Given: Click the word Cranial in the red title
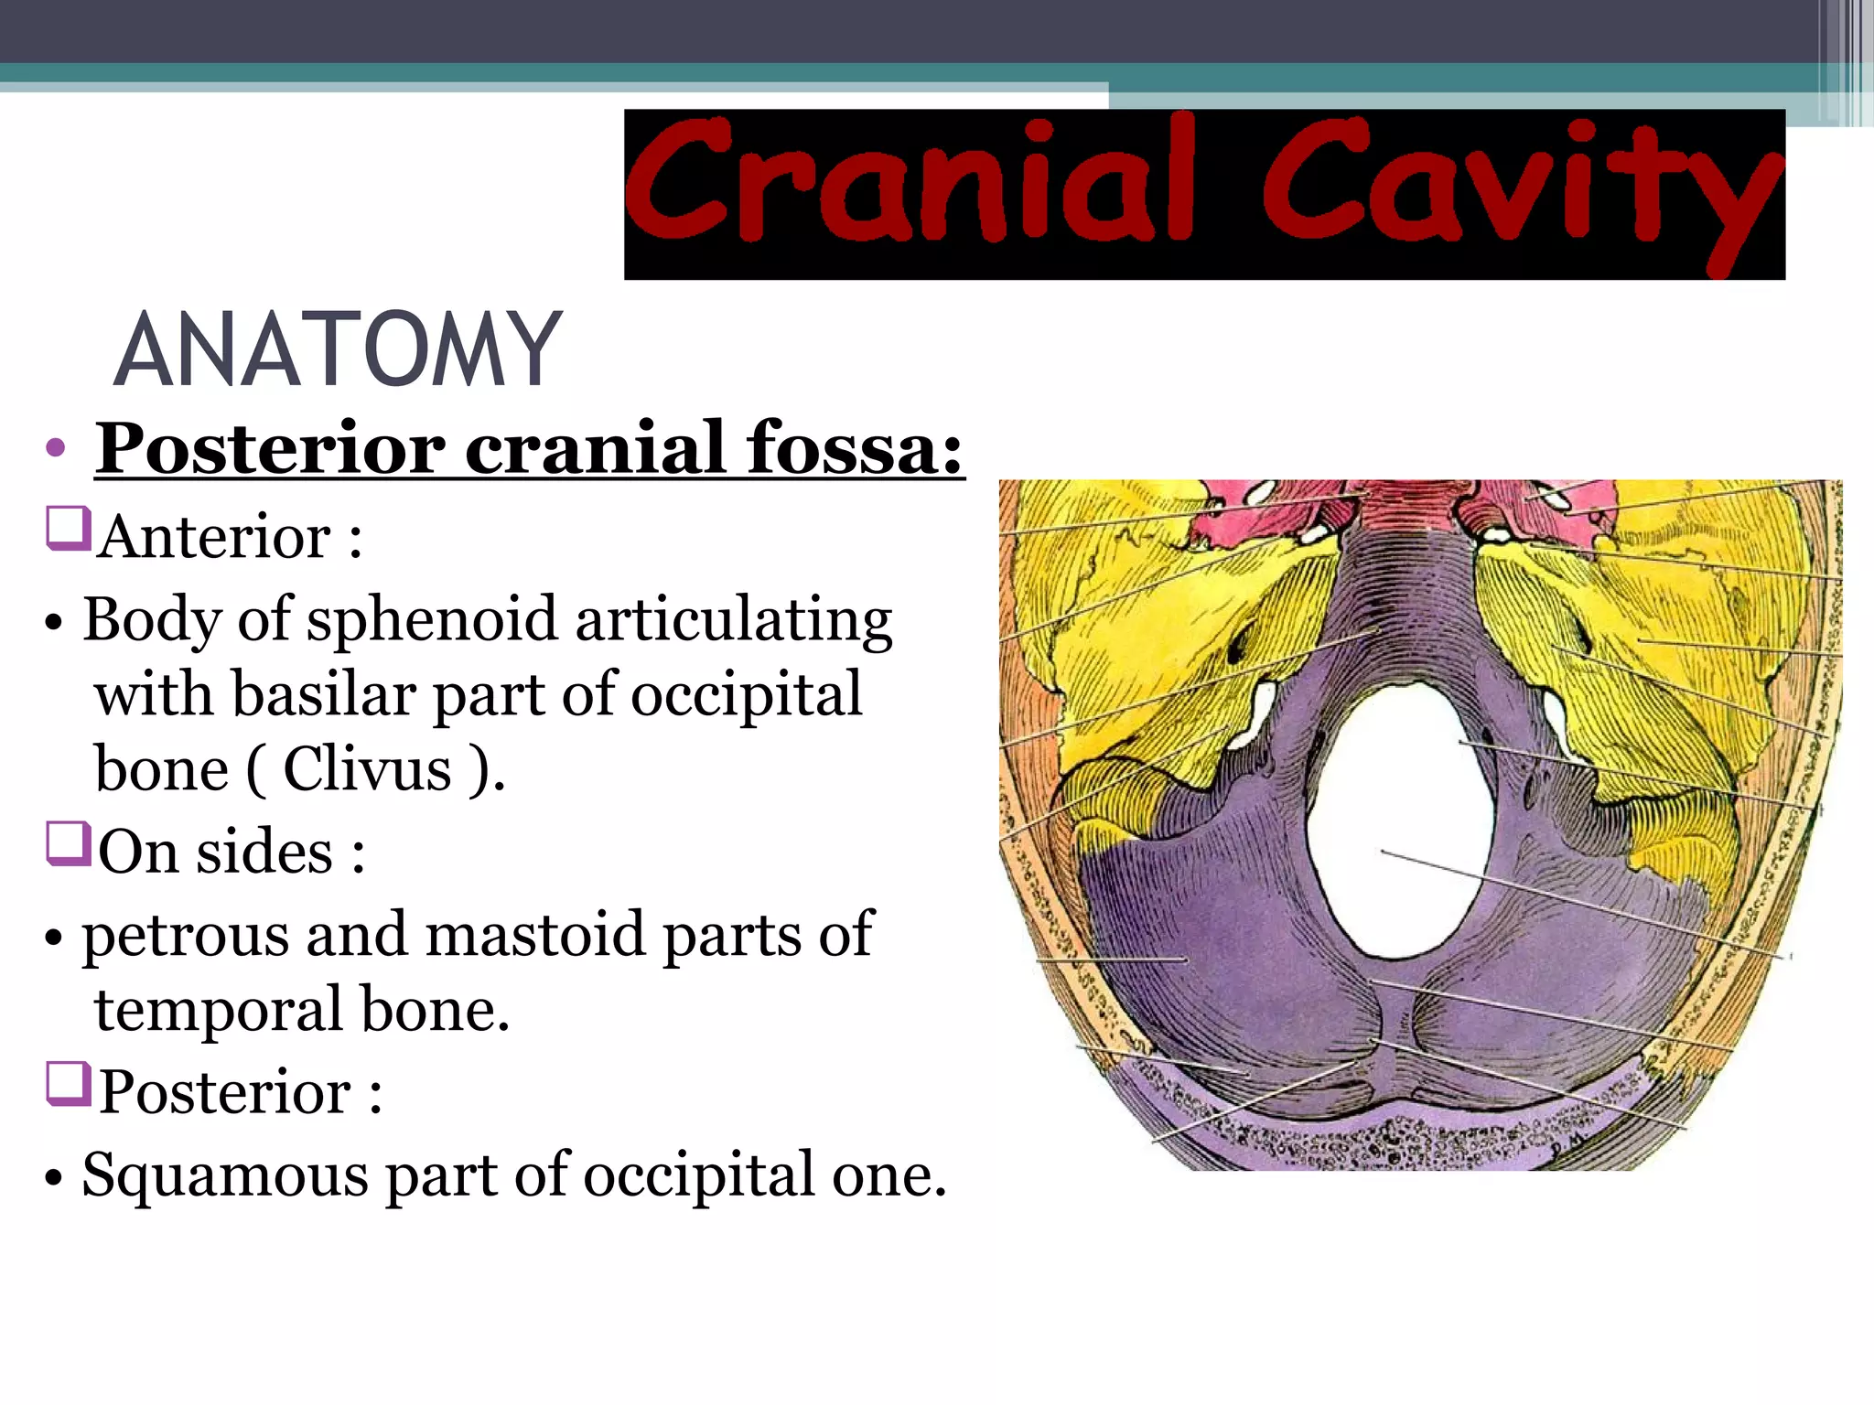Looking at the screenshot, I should [910, 183].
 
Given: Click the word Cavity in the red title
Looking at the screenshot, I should [1519, 188].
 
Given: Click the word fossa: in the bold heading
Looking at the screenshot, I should [855, 450].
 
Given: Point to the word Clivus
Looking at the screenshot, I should [367, 770].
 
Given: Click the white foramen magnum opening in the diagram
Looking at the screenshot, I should [1400, 823].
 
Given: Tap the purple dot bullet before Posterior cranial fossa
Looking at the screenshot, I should [56, 448].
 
